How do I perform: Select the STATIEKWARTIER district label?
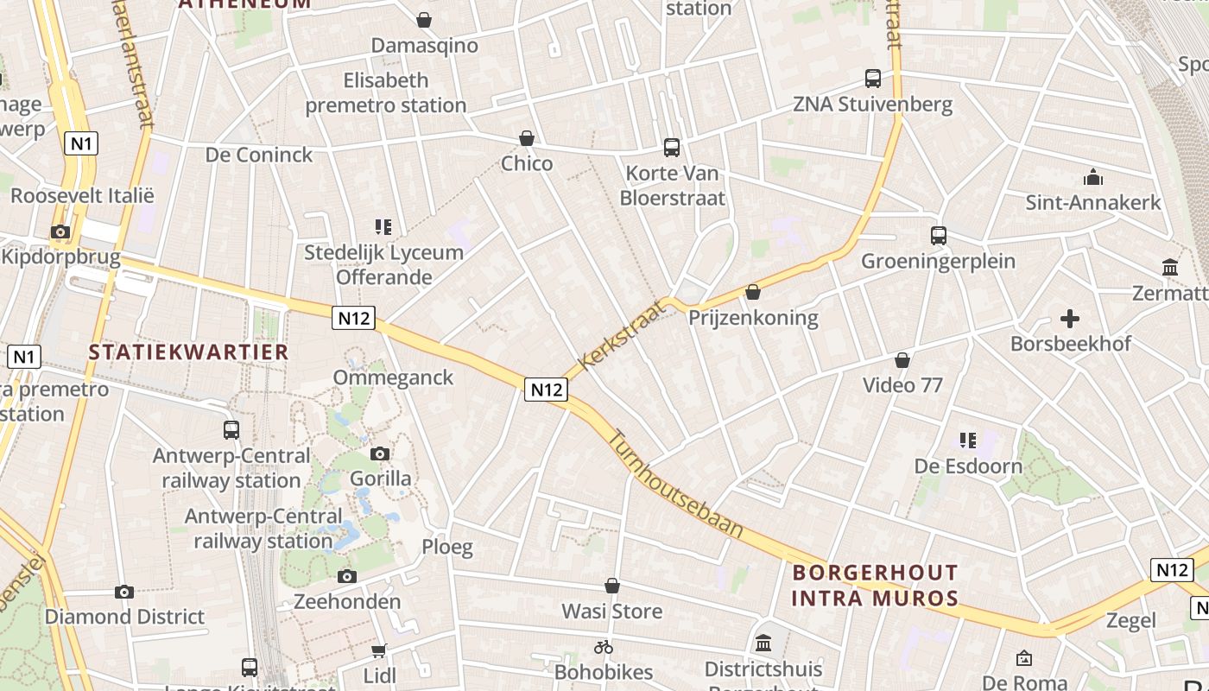(x=188, y=352)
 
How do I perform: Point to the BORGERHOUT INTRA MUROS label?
(x=875, y=585)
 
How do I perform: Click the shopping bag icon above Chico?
(x=527, y=138)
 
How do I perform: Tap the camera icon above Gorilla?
(x=380, y=453)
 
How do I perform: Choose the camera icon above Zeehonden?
(x=347, y=576)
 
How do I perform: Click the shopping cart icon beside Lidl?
(x=379, y=650)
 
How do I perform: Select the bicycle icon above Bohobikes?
(x=604, y=646)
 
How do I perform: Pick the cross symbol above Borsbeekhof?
(x=1070, y=319)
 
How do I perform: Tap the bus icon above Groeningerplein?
(x=939, y=235)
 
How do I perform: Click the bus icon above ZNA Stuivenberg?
(x=873, y=79)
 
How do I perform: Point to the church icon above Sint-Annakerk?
(x=1093, y=178)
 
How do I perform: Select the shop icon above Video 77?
(x=902, y=359)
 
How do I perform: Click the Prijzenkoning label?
(x=753, y=317)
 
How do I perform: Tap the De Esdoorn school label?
(x=968, y=466)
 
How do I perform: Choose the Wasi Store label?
(x=612, y=611)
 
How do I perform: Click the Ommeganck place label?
(x=393, y=377)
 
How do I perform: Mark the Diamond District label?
(x=124, y=617)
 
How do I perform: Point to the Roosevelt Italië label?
(x=82, y=195)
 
